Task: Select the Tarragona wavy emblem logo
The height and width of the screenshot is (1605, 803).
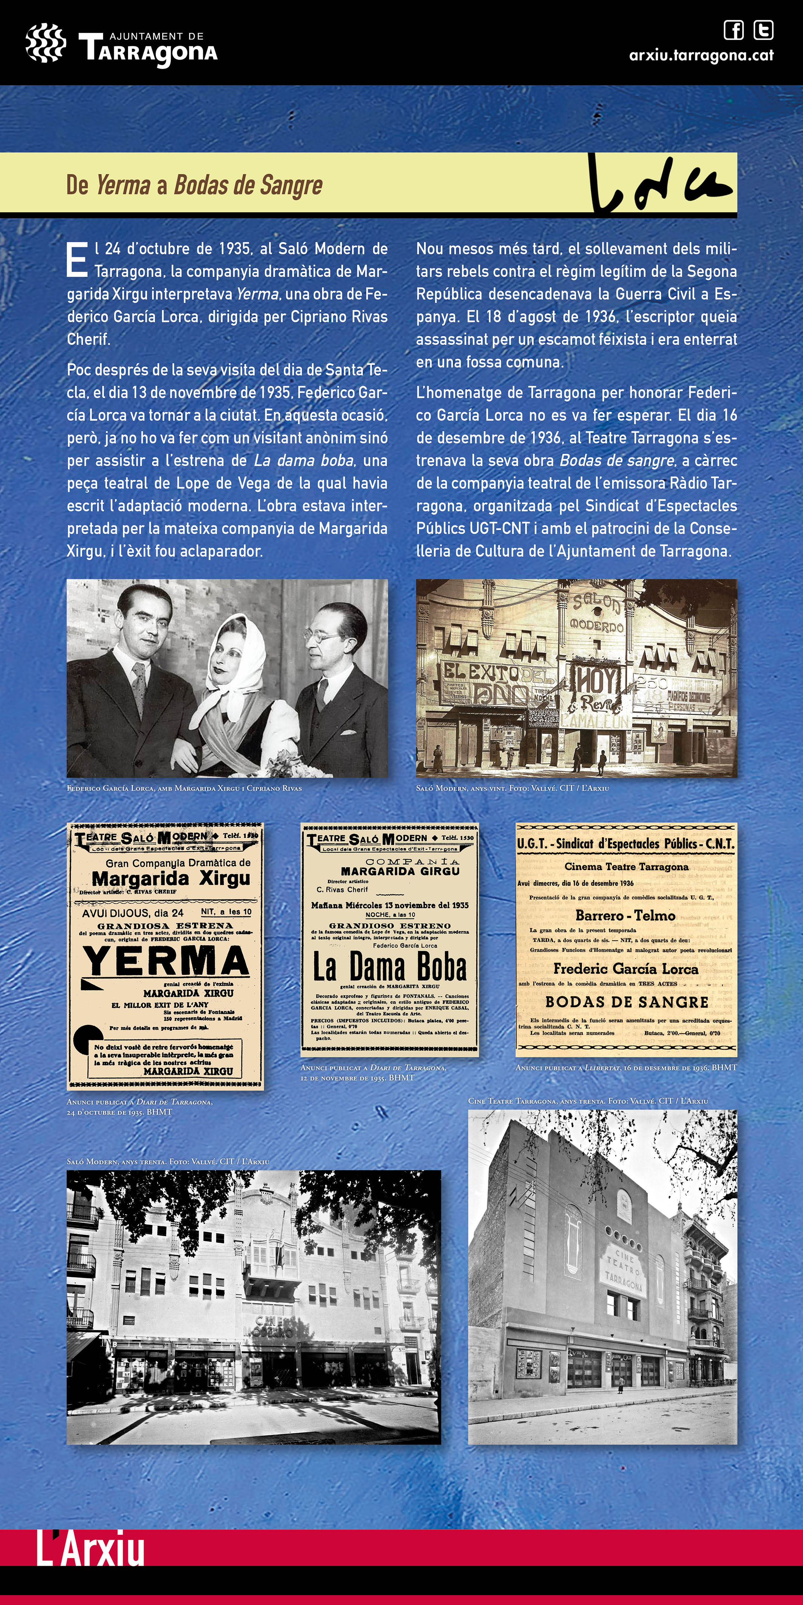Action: point(45,43)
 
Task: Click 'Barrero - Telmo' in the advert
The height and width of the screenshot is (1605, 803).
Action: point(625,915)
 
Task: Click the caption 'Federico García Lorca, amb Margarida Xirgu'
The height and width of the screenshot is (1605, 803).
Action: point(184,788)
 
